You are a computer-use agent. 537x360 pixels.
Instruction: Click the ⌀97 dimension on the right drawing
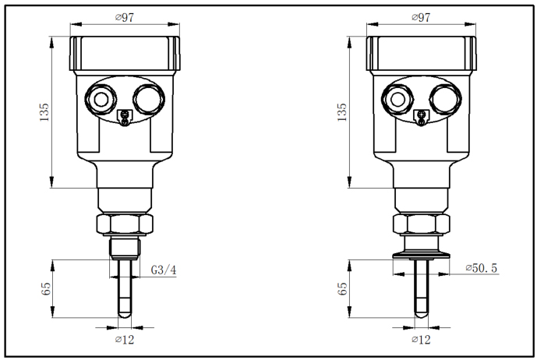[x=422, y=17]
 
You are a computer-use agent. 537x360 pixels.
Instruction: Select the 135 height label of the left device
[x=44, y=112]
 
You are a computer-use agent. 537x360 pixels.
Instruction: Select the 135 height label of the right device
[x=341, y=112]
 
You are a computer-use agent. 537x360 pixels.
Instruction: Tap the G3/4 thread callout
[x=162, y=270]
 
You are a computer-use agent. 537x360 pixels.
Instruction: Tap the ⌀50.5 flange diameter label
[x=481, y=269]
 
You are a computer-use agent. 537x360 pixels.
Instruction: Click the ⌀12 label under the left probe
[x=124, y=340]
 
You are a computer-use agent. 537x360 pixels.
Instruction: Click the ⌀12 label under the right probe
[x=422, y=340]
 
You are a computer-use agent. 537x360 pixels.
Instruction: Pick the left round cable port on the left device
[x=100, y=98]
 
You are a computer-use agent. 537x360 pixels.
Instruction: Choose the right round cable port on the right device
[x=443, y=98]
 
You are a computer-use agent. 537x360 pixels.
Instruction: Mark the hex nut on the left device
[x=124, y=224]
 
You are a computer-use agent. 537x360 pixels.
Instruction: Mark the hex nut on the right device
[x=421, y=224]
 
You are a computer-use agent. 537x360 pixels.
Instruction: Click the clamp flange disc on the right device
[x=421, y=252]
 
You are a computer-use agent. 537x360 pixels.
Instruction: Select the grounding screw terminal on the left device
[x=123, y=117]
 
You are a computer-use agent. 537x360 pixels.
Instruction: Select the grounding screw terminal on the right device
[x=421, y=117]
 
